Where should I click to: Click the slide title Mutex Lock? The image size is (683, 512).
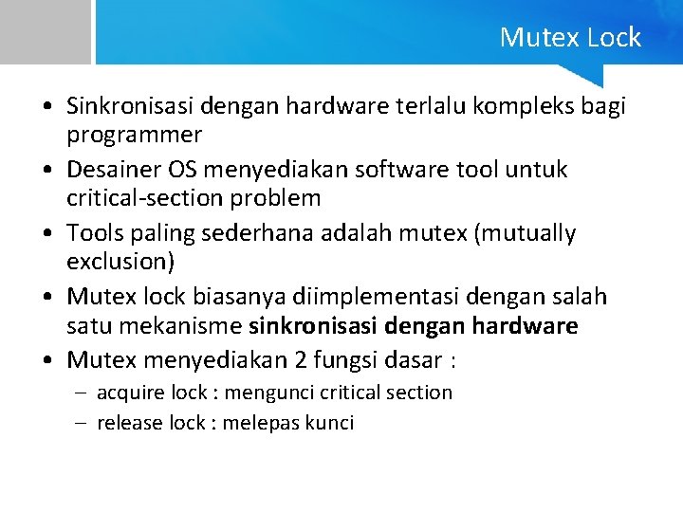570,38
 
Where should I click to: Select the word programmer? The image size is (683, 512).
134,134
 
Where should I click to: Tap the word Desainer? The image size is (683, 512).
112,170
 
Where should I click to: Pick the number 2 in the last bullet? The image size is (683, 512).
295,360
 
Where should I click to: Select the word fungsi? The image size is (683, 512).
339,360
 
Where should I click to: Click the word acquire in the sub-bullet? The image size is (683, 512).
131,393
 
